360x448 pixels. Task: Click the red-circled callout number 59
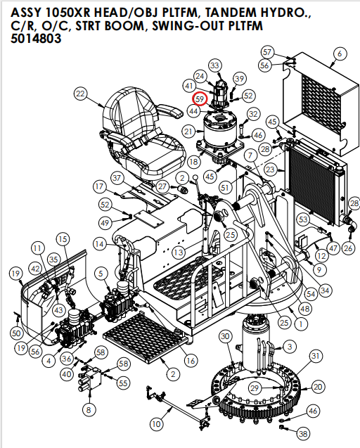[200, 99]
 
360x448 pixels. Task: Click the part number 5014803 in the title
[36, 39]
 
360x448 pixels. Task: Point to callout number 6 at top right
[340, 53]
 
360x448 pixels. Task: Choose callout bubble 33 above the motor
[214, 65]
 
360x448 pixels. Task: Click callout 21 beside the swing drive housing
[188, 132]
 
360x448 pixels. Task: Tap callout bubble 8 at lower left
[88, 409]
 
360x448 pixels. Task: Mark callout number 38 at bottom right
[303, 434]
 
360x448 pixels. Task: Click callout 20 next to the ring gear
[318, 387]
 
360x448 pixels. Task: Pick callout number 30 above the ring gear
[225, 337]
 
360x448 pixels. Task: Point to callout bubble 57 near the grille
[267, 52]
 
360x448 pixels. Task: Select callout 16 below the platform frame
[190, 360]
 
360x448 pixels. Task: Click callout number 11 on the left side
[37, 249]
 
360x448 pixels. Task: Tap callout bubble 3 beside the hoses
[288, 346]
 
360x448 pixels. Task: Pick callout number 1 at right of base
[300, 324]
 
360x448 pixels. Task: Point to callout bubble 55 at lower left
[123, 383]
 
